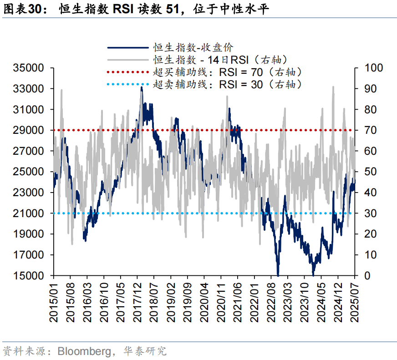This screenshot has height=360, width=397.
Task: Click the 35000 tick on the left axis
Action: coord(28,68)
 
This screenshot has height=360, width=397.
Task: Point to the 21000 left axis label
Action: coord(28,213)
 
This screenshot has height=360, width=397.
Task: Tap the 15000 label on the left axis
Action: coord(28,276)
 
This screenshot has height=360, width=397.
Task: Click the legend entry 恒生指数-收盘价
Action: coord(193,47)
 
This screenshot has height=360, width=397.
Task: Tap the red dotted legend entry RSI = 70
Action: coord(228,71)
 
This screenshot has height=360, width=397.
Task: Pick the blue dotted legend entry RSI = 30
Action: coord(228,84)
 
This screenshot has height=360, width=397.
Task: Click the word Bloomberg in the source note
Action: coord(83,351)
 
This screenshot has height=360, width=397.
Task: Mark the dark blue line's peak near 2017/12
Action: coord(142,87)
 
